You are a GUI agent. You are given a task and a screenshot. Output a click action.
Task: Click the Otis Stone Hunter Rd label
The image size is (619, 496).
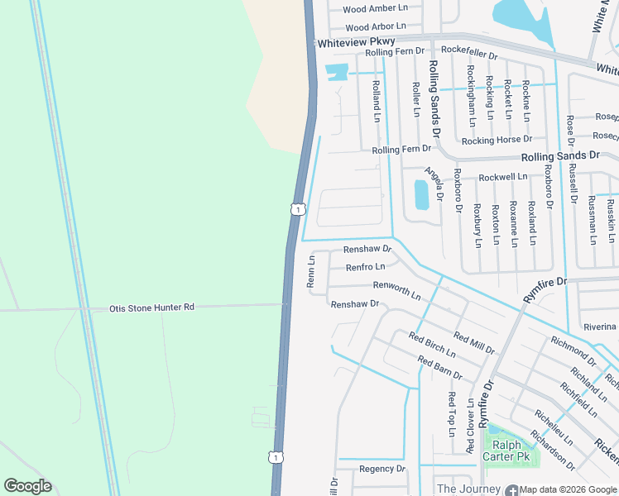coord(151,308)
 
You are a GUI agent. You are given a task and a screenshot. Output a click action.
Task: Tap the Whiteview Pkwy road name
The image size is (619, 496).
coord(356,41)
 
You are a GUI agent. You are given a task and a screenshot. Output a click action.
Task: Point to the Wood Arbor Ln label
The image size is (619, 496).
coord(376,27)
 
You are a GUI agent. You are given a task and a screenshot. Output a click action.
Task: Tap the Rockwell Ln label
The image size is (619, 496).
coord(502,177)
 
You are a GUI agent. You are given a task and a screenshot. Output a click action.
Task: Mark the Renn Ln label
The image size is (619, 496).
coord(312,271)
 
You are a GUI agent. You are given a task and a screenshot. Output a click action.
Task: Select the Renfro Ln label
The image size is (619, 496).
coord(365,267)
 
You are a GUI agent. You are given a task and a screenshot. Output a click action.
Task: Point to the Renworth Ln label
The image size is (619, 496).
coord(396,290)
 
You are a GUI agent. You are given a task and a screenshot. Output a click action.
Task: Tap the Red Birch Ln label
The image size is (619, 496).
coord(431,346)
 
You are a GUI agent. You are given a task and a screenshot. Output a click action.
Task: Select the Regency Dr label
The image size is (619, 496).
coord(382,469)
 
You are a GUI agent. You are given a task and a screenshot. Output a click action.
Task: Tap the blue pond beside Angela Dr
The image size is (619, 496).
coord(421,194)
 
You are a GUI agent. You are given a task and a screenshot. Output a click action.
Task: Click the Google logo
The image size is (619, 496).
coord(27,486)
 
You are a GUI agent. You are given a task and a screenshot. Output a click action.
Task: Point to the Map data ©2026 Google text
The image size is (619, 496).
coord(569,489)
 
